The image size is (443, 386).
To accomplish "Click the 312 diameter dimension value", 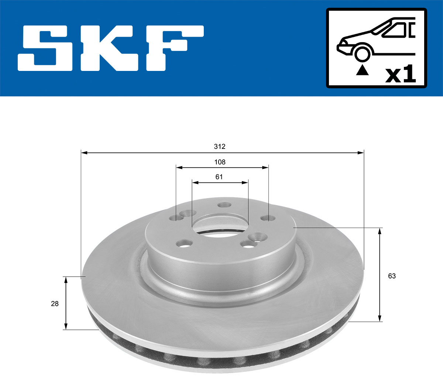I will click(x=219, y=147).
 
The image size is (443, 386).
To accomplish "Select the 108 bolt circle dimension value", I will click(x=220, y=162).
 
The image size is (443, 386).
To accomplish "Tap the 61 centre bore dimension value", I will click(x=219, y=177).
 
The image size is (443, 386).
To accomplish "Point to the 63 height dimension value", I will click(x=392, y=276).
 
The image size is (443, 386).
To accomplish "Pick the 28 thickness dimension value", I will click(x=55, y=304).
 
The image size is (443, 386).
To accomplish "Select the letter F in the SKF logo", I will click(x=174, y=48).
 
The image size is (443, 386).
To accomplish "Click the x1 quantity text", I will click(x=400, y=75).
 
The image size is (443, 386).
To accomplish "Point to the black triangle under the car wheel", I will click(x=362, y=70).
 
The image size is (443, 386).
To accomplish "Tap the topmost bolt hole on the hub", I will click(x=224, y=205).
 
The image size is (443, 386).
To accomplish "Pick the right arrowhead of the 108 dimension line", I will click(x=265, y=167).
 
